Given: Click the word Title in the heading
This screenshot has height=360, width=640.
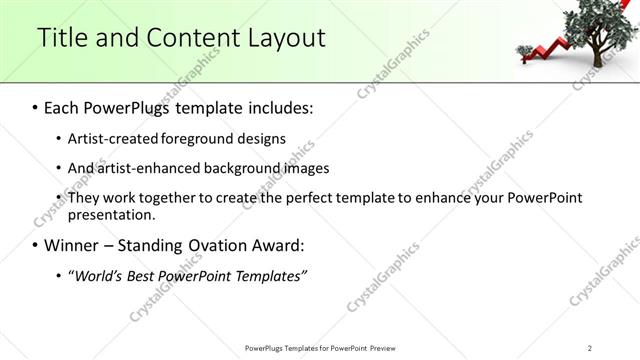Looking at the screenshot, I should point(61,38).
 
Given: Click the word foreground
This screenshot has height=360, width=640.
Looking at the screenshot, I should point(203,138).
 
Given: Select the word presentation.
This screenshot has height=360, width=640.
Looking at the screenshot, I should point(111,214).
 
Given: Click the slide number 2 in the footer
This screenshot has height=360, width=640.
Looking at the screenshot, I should point(590,348).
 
